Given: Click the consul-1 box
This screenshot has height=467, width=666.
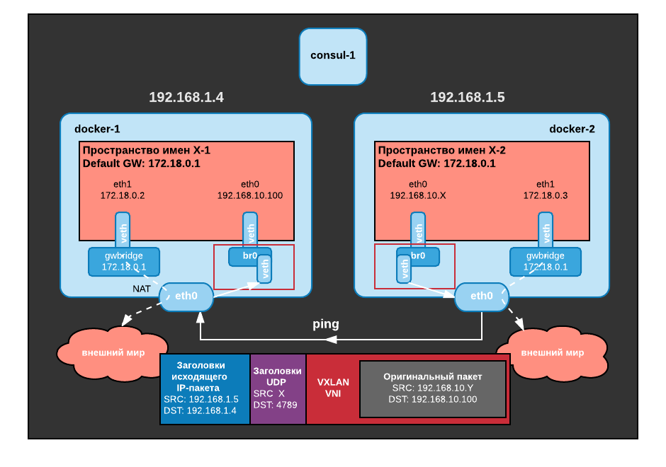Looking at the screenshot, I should pyautogui.click(x=332, y=56).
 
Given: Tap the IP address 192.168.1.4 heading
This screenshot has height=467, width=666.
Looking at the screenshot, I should pyautogui.click(x=186, y=98).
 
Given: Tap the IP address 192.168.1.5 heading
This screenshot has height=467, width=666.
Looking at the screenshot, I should pyautogui.click(x=467, y=98).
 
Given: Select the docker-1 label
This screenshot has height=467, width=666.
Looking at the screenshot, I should pyautogui.click(x=97, y=129).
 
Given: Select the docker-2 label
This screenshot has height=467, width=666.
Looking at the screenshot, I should pyautogui.click(x=572, y=129).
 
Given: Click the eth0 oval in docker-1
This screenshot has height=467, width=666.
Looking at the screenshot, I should pyautogui.click(x=186, y=296).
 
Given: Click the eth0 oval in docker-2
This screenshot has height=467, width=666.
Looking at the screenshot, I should pyautogui.click(x=481, y=296).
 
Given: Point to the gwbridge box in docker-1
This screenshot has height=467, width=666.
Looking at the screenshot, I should pyautogui.click(x=123, y=262).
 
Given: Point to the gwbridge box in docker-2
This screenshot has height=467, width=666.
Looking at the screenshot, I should pyautogui.click(x=545, y=262).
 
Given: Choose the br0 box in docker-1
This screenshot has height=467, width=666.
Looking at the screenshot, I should pyautogui.click(x=244, y=256).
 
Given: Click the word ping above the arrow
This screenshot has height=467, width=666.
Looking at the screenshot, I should pyautogui.click(x=326, y=324).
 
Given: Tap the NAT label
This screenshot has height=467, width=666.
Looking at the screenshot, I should pyautogui.click(x=142, y=289).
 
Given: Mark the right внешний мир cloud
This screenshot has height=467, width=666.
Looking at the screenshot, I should pyautogui.click(x=552, y=352).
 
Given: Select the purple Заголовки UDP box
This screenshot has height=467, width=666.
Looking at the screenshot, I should pyautogui.click(x=277, y=388).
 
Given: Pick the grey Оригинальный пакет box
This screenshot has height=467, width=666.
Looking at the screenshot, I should pyautogui.click(x=432, y=388).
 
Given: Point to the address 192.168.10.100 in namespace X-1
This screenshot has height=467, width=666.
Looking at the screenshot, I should pyautogui.click(x=250, y=195).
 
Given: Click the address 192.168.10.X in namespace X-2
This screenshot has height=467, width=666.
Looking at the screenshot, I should pyautogui.click(x=418, y=195).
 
